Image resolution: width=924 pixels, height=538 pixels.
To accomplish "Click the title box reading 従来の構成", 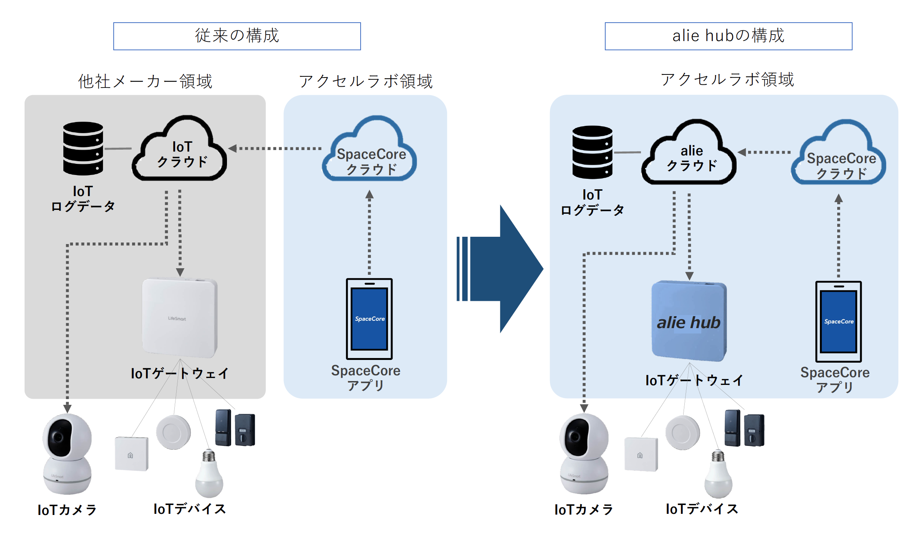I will click(x=237, y=36).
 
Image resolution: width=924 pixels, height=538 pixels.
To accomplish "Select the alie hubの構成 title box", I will click(x=728, y=36).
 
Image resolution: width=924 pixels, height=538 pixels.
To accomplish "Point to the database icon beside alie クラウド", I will click(x=592, y=152).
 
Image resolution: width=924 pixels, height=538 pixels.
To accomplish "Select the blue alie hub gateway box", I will click(x=689, y=321).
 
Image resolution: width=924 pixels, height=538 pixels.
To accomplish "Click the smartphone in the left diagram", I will click(x=369, y=319).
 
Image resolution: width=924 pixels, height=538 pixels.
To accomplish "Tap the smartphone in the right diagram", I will click(x=838, y=321).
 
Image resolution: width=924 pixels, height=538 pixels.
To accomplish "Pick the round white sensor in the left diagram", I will click(x=173, y=432).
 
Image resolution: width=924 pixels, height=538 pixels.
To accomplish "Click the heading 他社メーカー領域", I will click(x=145, y=81).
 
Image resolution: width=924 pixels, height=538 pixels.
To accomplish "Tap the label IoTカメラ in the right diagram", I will click(x=584, y=510).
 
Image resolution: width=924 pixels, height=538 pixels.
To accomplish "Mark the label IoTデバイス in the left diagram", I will click(x=190, y=509).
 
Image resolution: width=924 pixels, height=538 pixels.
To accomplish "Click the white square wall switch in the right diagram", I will click(x=641, y=454).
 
